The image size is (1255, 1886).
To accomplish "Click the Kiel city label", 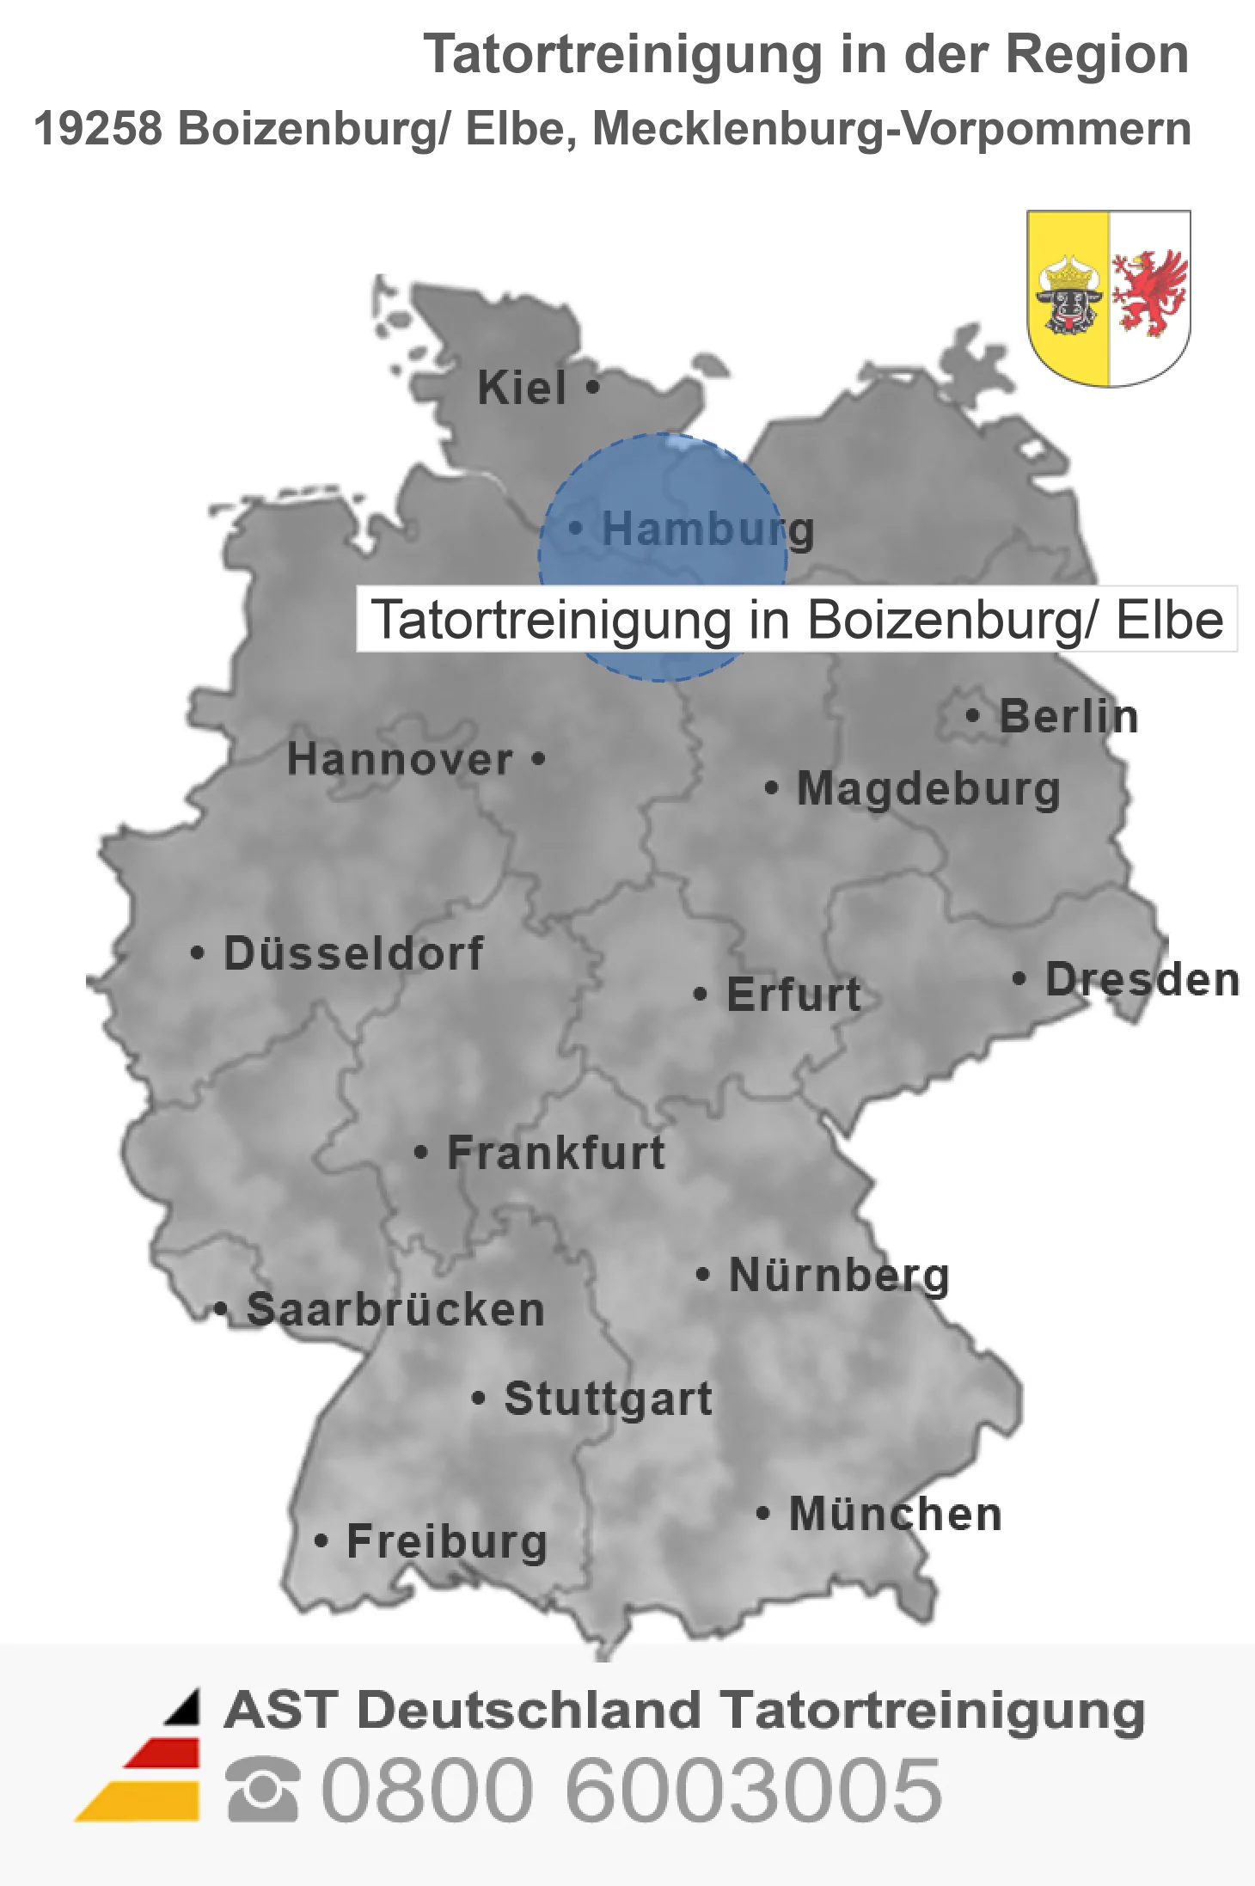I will point(522,388).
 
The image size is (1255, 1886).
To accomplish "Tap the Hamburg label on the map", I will point(707,529).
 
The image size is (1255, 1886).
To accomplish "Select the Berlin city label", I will point(1068,716).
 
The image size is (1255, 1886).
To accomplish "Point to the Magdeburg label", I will point(928,789).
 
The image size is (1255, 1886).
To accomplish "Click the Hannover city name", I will point(400,759).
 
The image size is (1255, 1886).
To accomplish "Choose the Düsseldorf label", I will point(353,953).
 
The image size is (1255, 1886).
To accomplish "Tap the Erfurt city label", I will point(793,995).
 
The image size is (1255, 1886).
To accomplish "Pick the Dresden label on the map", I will point(1142,979).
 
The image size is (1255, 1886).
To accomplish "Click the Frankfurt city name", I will point(556,1153).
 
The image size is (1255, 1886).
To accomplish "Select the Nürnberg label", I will point(839,1275).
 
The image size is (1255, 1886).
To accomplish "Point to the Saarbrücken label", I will point(395,1310).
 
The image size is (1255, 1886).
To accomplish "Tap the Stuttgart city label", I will point(608,1399).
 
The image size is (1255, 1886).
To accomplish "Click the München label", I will point(896,1514).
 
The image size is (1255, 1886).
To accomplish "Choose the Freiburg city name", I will point(447,1541).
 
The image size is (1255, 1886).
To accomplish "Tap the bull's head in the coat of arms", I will point(1068,297).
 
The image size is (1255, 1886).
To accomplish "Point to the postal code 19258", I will point(98,129).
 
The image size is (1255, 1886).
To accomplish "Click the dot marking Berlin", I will point(972,715).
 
